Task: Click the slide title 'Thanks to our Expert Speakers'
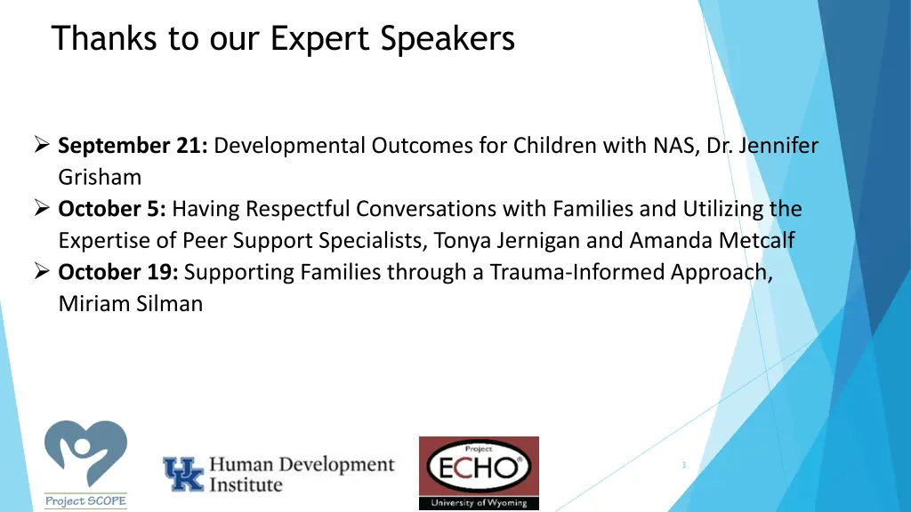tap(283, 39)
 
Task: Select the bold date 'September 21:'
tap(133, 146)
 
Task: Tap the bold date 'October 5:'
tap(112, 210)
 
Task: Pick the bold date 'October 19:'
tap(118, 273)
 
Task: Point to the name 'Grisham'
tap(100, 178)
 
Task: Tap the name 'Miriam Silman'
tap(130, 304)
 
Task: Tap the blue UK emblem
tap(182, 474)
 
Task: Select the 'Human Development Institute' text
tap(302, 474)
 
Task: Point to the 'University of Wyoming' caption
tap(479, 502)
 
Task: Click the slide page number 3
tap(683, 465)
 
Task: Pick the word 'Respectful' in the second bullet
tap(299, 210)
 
